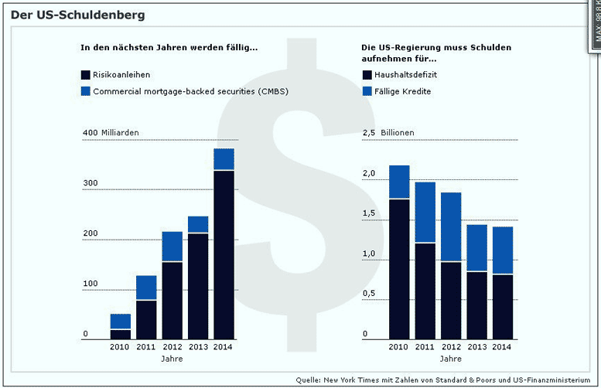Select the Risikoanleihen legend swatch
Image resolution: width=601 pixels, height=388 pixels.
point(85,75)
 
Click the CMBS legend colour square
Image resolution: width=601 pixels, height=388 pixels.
point(85,91)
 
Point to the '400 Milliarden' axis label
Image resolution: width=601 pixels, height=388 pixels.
point(111,133)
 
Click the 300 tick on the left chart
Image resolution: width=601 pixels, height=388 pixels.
point(90,183)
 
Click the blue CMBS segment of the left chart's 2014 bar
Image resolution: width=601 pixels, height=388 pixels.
point(224,159)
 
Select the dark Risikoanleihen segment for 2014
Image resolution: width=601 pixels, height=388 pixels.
point(224,255)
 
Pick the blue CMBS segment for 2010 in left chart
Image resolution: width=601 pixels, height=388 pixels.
point(121,322)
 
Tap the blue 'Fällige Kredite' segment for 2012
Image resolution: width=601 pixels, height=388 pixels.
point(450,227)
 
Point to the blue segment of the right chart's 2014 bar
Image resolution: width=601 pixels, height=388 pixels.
point(502,250)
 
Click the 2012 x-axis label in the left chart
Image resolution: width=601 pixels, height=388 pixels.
point(172,347)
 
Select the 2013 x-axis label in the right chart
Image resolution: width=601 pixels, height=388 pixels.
point(476,347)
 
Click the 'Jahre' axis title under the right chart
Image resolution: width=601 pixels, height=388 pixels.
point(451,359)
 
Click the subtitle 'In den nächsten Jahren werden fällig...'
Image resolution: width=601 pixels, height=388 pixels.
point(169,48)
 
